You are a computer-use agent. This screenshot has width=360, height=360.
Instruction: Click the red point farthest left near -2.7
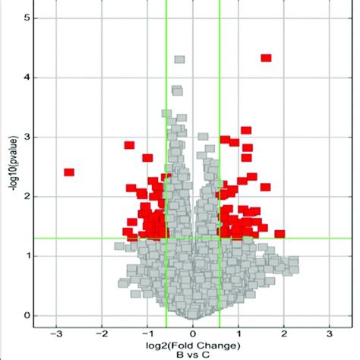point(69,172)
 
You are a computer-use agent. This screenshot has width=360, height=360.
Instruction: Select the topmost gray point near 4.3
point(179,58)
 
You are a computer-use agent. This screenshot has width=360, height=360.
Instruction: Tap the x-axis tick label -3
point(55,333)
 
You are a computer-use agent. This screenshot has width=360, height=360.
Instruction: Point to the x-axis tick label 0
point(193,333)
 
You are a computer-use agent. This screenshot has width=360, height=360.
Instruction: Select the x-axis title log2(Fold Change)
point(193,344)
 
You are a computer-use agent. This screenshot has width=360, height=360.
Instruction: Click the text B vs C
point(193,354)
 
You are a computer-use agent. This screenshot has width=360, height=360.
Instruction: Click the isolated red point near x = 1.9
point(279,234)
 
